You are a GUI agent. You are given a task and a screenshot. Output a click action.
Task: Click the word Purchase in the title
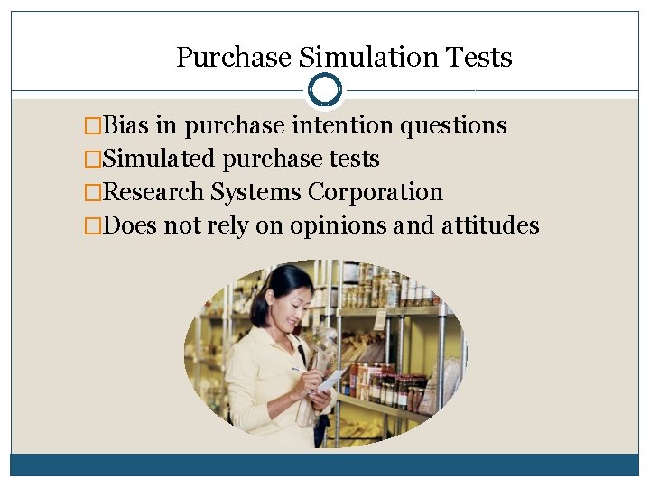coord(234,58)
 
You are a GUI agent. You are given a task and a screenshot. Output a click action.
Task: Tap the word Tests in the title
coord(479,58)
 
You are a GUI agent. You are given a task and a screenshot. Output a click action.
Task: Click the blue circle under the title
coord(325,90)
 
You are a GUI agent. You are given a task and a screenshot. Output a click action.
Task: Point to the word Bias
coord(127,125)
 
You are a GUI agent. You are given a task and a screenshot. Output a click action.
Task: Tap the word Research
coord(154,192)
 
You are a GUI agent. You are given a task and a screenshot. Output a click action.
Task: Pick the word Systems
coord(256,193)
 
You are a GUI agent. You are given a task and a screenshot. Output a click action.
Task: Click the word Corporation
coord(376,193)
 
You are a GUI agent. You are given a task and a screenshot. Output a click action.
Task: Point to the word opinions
coord(339,226)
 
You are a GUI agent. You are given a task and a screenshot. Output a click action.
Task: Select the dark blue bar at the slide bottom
coord(325,464)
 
